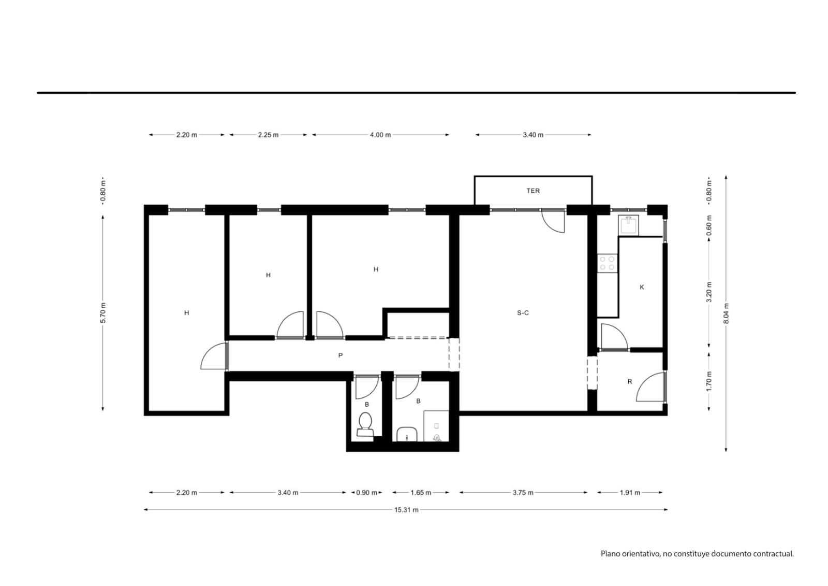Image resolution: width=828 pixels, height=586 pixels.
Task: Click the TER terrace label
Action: click(x=533, y=191)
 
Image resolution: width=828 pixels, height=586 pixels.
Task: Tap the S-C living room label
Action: click(x=523, y=313)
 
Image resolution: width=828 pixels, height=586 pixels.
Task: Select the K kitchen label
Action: click(x=642, y=287)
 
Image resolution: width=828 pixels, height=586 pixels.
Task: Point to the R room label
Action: click(x=630, y=382)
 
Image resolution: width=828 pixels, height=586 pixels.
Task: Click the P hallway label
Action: click(x=341, y=355)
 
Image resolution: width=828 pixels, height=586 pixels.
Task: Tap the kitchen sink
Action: click(x=628, y=225)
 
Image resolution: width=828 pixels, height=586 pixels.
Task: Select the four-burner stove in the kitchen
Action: click(x=608, y=263)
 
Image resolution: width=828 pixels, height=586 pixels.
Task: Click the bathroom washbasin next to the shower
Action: click(x=407, y=434)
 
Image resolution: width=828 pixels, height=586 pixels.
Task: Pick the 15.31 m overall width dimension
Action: click(x=406, y=510)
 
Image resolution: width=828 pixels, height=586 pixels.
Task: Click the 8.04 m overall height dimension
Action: click(x=726, y=313)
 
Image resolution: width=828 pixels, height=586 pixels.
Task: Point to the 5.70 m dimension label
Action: click(x=103, y=313)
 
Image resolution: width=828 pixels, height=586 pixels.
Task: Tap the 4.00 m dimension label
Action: click(x=380, y=135)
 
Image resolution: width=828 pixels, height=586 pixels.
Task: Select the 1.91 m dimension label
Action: click(x=630, y=492)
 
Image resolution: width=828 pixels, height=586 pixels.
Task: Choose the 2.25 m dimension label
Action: click(x=269, y=135)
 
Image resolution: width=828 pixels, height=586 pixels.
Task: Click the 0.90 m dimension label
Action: click(x=367, y=492)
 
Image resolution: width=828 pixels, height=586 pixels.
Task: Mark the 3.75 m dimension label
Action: click(x=523, y=492)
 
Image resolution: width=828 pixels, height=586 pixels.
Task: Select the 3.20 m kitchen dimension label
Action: click(x=709, y=292)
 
